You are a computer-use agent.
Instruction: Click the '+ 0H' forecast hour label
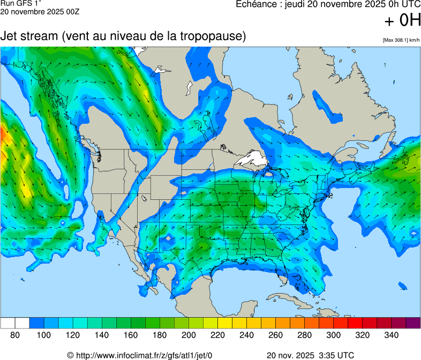click(x=403, y=20)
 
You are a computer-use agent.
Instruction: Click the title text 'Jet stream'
click(x=29, y=36)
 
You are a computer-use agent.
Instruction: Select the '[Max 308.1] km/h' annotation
click(x=401, y=40)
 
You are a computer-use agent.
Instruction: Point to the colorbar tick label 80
click(x=15, y=335)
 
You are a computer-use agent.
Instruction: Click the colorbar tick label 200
click(x=189, y=335)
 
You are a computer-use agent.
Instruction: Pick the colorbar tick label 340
click(x=391, y=335)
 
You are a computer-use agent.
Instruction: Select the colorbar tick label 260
click(x=275, y=335)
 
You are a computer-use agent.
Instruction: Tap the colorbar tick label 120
click(x=73, y=335)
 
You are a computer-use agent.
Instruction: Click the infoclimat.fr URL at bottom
click(x=145, y=355)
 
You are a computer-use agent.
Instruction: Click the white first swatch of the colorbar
click(x=7, y=323)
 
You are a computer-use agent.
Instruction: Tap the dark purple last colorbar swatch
click(x=413, y=323)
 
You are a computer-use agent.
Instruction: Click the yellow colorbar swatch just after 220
click(x=225, y=323)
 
